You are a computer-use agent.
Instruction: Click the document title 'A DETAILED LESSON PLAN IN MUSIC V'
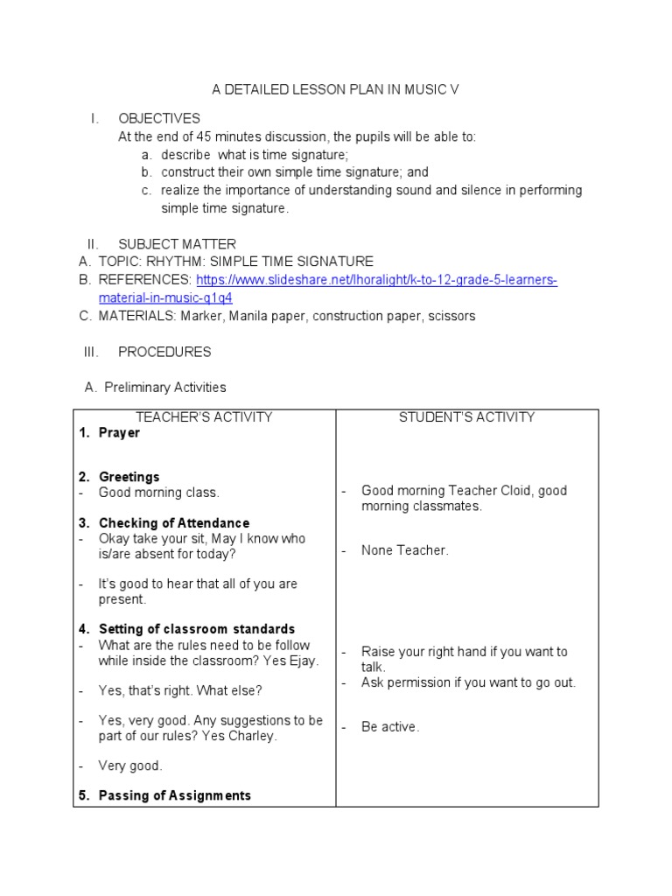coord(336,89)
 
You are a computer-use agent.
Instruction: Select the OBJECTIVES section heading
coord(159,118)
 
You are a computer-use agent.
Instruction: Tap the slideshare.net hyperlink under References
coord(376,280)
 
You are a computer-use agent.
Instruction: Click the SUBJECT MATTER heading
coord(177,244)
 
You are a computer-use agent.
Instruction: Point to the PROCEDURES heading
coord(164,352)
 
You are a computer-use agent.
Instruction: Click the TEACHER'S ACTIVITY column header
coord(204,417)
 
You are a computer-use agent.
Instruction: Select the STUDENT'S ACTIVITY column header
coord(466,417)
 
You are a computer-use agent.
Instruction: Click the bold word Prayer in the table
coord(119,433)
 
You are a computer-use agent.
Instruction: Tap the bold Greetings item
coord(129,477)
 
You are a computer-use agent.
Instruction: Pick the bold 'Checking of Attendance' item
coord(173,523)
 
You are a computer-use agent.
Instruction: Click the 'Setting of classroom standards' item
coord(196,629)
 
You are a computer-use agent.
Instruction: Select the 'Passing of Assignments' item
coord(174,795)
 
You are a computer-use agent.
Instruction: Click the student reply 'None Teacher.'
coord(404,550)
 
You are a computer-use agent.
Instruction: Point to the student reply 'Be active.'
coord(390,727)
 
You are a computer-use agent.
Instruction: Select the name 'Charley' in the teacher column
coord(253,736)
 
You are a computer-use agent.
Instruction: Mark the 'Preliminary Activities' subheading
coord(164,387)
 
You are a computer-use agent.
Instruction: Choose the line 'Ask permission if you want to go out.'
coord(468,682)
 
